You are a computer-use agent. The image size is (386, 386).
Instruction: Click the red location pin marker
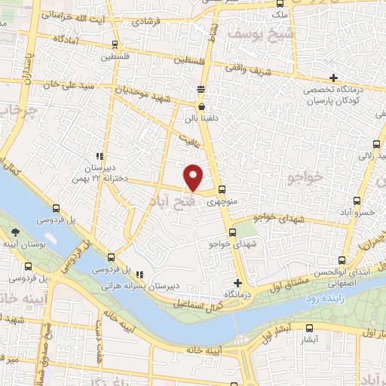pyautogui.click(x=194, y=176)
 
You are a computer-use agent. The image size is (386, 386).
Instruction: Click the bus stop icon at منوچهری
pyautogui.click(x=221, y=189)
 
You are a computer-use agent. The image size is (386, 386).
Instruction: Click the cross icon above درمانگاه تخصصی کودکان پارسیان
pyautogui.click(x=334, y=77)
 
